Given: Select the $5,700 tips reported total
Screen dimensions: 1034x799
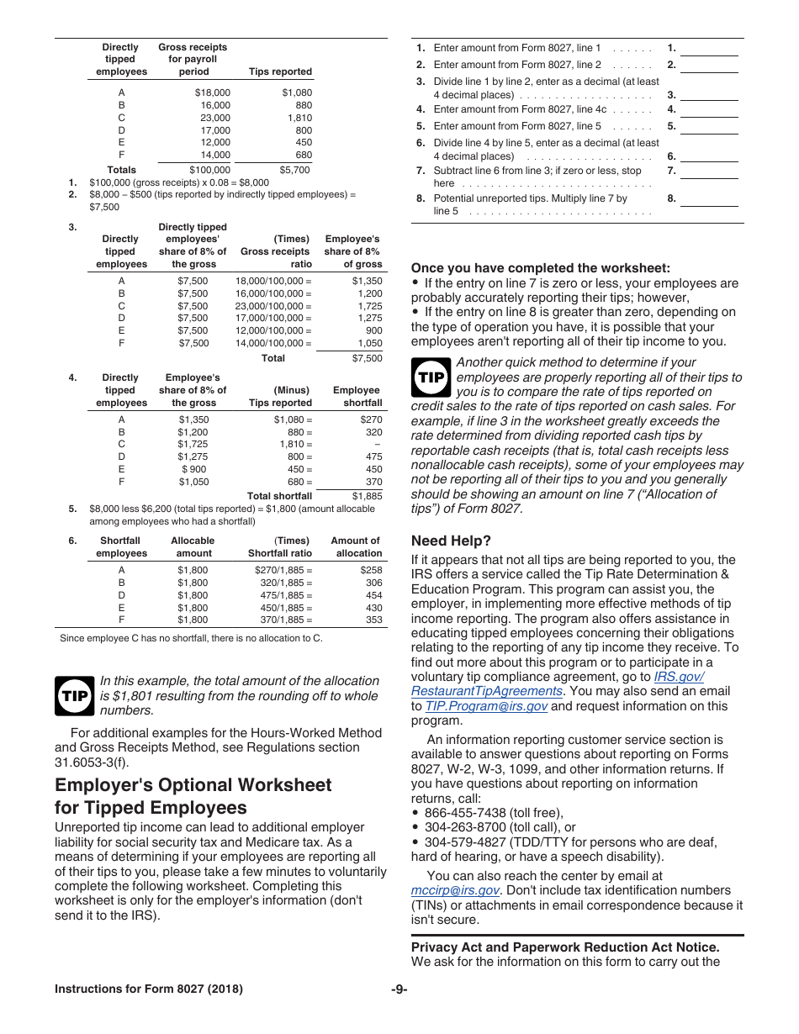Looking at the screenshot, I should click(x=294, y=170).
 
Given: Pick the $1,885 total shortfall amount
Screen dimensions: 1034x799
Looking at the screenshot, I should click(x=367, y=496).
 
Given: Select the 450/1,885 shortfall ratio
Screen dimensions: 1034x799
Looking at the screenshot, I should click(x=285, y=608).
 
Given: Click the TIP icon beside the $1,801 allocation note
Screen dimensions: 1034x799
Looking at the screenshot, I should click(x=74, y=696).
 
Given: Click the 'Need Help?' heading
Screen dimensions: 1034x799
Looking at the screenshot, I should click(x=451, y=541).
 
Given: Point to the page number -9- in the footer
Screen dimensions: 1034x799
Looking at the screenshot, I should click(x=399, y=989).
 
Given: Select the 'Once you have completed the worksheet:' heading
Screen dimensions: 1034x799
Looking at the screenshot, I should click(x=541, y=268).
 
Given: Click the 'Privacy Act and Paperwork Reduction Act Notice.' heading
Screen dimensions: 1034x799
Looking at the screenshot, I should click(x=565, y=947).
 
